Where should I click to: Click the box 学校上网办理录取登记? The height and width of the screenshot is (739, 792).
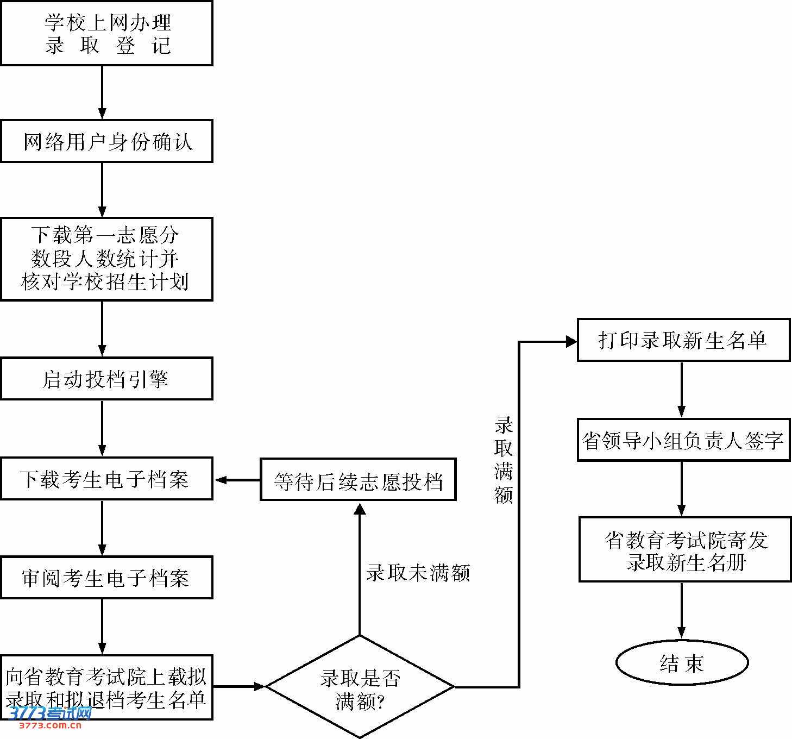tap(106, 34)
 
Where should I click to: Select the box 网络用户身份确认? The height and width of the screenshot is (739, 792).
tap(106, 141)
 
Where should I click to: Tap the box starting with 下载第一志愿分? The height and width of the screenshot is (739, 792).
tap(106, 259)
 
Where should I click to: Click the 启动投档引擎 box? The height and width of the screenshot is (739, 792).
tap(106, 379)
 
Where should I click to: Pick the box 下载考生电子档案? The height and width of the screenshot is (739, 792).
tap(106, 479)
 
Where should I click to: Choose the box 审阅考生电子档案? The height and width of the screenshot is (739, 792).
tap(106, 578)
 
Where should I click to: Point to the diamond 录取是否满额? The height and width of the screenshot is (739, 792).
tap(360, 687)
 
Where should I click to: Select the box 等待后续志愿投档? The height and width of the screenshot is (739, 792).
tap(358, 479)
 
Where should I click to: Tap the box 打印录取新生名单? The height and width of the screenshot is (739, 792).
tap(683, 340)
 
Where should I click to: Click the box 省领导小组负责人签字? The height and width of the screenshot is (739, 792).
tap(683, 440)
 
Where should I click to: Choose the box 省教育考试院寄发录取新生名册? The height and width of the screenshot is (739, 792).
tap(685, 549)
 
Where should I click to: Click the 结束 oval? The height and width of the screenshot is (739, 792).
tap(682, 662)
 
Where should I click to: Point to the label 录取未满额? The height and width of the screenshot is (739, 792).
tap(417, 573)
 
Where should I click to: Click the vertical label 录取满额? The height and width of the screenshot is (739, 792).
tap(504, 460)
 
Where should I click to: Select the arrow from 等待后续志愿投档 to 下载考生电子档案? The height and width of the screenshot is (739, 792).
tap(237, 480)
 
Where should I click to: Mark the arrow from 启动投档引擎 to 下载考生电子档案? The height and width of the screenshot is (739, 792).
tap(102, 428)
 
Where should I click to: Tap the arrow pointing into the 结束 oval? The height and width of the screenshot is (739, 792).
tap(682, 610)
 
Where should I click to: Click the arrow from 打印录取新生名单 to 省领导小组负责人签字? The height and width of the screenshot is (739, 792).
tap(682, 390)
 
